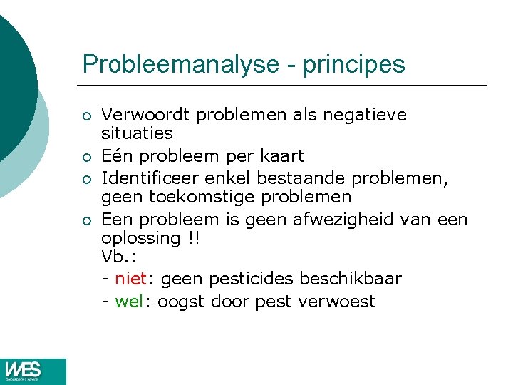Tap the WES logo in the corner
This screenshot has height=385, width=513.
(33, 371)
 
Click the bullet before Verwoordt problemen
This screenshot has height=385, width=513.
(86, 115)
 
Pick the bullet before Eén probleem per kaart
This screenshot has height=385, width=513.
(86, 157)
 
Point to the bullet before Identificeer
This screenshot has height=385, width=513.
(86, 178)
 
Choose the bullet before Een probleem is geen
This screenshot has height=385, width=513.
(86, 219)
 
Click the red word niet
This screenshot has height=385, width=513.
(130, 279)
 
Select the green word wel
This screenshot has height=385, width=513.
(129, 302)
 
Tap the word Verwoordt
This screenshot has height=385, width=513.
(147, 114)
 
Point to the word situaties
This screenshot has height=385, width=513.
(138, 133)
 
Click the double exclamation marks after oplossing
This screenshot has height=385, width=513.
(193, 238)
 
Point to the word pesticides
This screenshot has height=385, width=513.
(253, 279)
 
